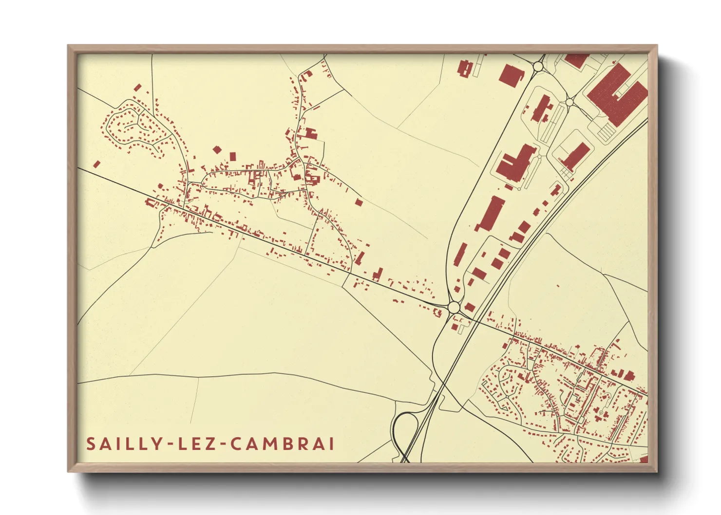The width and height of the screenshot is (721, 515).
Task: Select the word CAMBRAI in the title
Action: [282, 444]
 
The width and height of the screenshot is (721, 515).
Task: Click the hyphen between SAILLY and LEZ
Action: [169, 444]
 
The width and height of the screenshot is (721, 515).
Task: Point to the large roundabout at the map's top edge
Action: [539, 65]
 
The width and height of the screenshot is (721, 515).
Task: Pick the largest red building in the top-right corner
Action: [616, 95]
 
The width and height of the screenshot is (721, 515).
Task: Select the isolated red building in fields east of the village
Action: [359, 202]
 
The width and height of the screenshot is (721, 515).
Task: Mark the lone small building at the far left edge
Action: [96, 165]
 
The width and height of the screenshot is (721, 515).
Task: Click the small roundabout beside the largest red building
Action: [569, 102]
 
